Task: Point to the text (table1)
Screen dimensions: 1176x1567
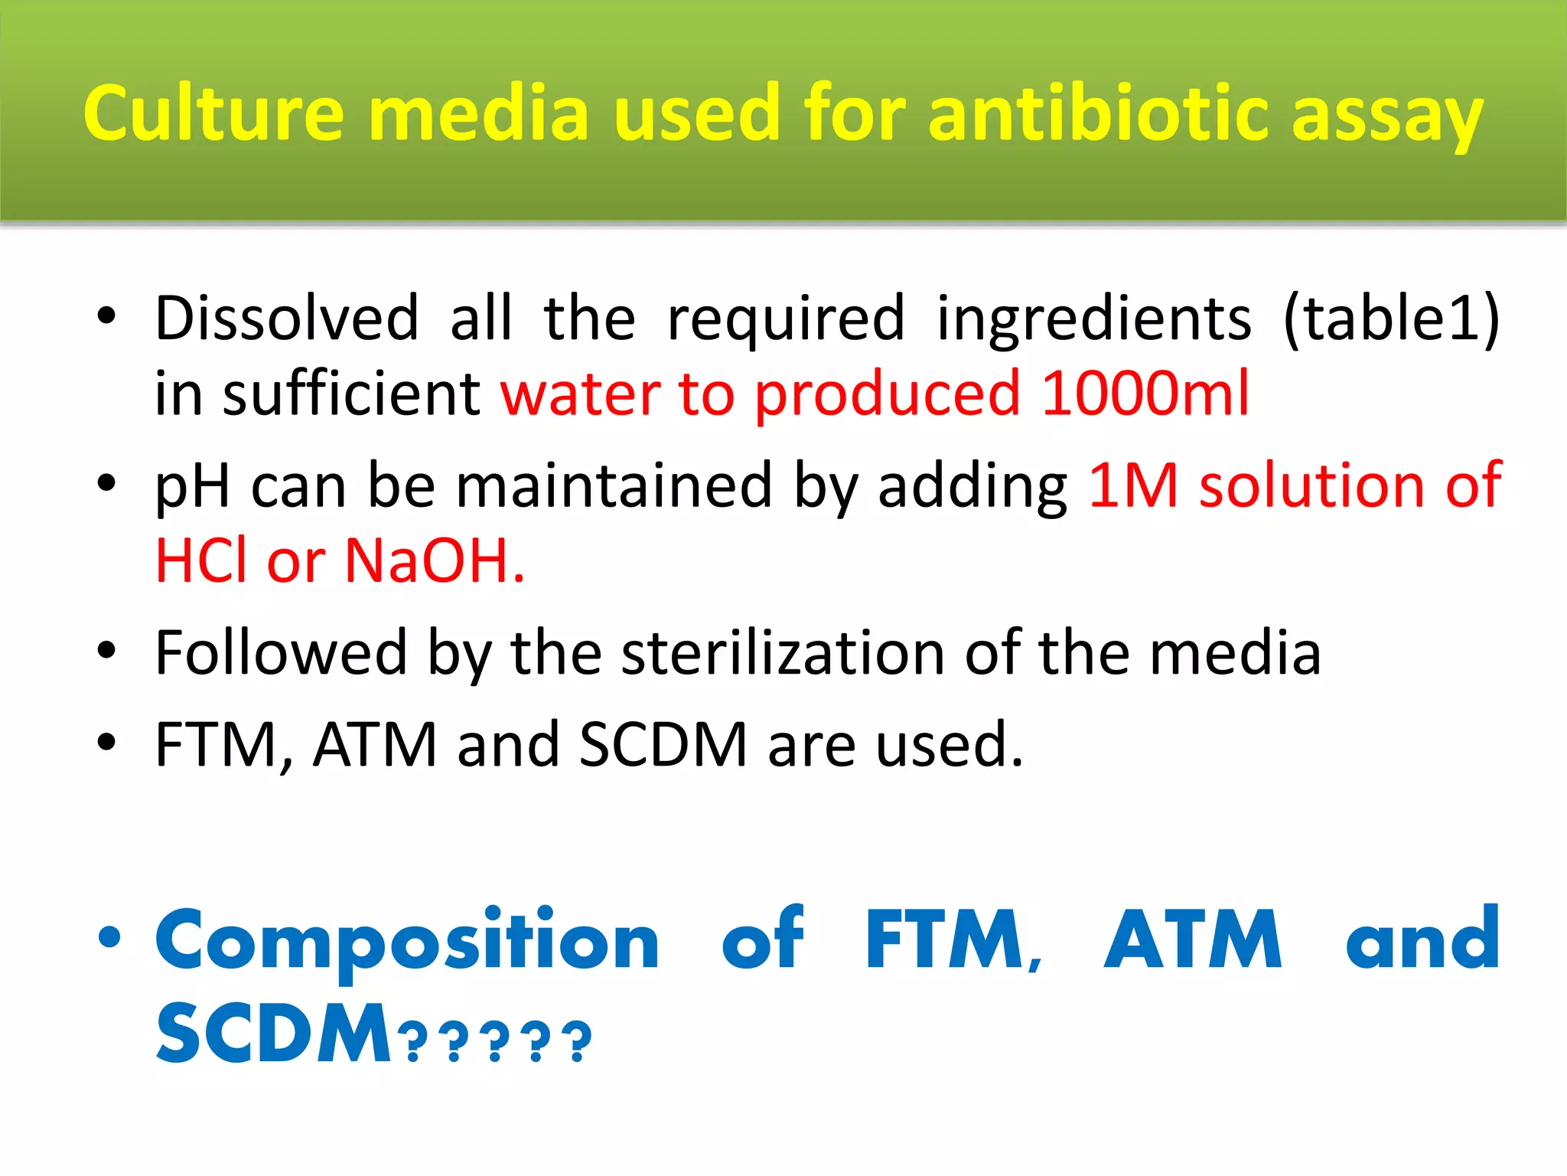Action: pos(1391,318)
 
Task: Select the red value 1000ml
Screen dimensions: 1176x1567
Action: pos(1145,393)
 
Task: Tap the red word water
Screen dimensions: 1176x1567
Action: pos(580,394)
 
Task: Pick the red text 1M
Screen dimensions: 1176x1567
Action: pos(1132,485)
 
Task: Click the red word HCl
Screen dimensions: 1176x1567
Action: pos(201,560)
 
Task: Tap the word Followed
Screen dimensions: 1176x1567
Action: pos(281,652)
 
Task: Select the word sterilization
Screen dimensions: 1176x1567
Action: pos(783,652)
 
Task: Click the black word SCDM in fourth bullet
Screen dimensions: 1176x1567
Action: pos(663,743)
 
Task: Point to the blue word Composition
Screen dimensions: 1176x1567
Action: pos(407,940)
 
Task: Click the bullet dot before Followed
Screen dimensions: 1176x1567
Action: pos(106,651)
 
